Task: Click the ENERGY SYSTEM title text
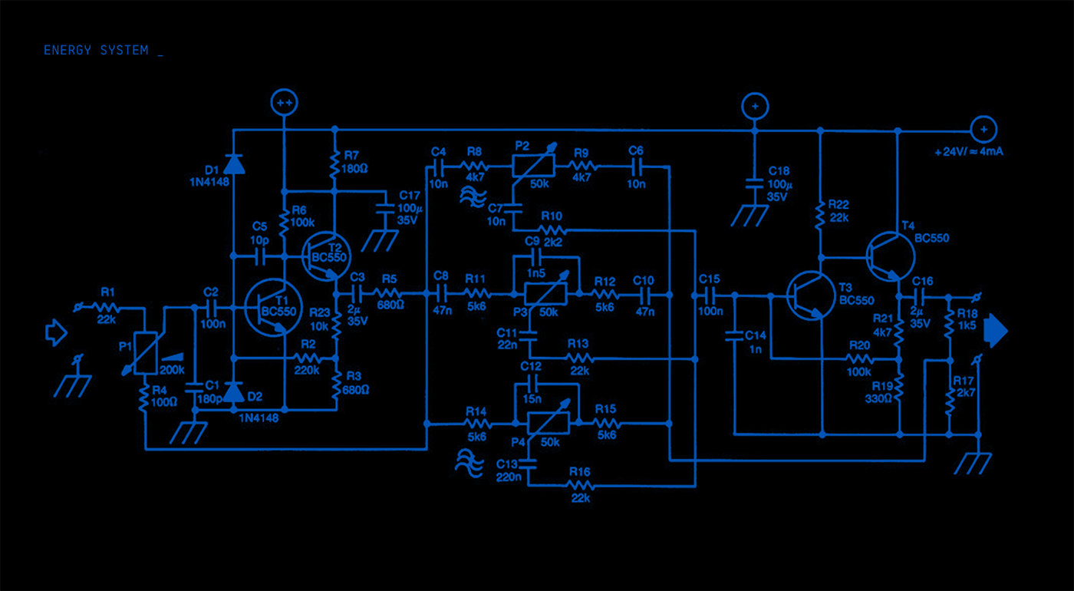click(x=96, y=51)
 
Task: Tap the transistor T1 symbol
click(x=273, y=308)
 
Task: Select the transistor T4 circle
click(x=891, y=256)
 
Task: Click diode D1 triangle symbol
click(x=233, y=164)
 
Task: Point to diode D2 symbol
click(x=234, y=392)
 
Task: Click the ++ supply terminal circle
click(x=285, y=102)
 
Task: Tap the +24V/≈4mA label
click(x=968, y=152)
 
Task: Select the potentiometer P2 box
click(x=533, y=166)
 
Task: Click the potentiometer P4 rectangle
click(x=548, y=423)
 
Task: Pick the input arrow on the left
click(x=56, y=332)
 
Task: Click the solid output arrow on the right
click(x=996, y=331)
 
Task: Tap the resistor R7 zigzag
click(x=334, y=164)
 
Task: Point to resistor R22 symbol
click(x=820, y=214)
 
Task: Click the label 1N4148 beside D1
click(x=209, y=183)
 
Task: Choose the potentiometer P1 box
click(x=145, y=352)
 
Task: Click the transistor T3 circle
click(x=812, y=295)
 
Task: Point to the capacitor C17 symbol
click(x=385, y=209)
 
